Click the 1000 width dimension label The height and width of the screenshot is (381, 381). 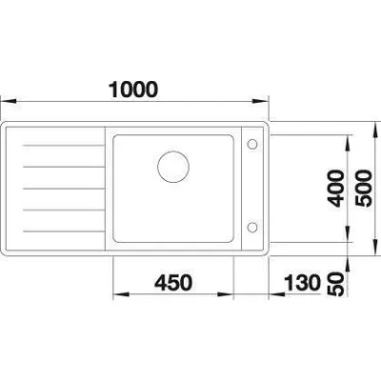coord(133,90)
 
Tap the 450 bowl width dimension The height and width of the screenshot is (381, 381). coord(173,282)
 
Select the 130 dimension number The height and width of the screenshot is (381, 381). coord(302,282)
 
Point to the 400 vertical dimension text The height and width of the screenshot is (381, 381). coord(336,189)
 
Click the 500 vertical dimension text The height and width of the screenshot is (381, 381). coord(363,189)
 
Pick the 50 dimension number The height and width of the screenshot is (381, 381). coord(336,284)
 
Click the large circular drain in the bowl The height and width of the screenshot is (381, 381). coord(173,167)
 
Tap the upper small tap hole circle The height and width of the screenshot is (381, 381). coord(252,145)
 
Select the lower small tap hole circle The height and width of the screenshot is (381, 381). coord(252,227)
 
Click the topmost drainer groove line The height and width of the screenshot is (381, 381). coord(64,146)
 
